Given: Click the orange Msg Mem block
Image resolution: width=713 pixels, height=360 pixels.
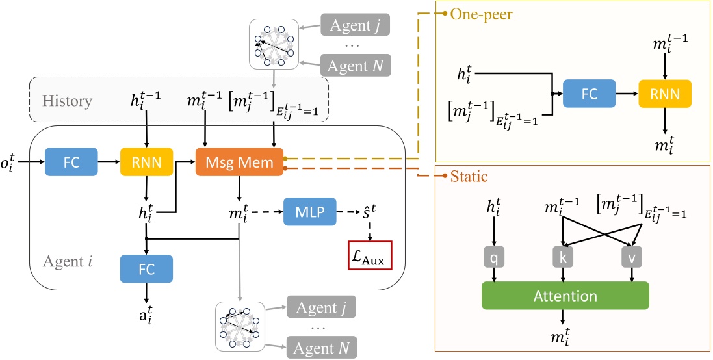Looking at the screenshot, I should [240, 160].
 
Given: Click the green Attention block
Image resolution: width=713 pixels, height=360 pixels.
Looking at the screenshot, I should [565, 296].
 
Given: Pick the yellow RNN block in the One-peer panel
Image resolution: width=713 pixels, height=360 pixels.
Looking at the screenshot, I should [664, 94].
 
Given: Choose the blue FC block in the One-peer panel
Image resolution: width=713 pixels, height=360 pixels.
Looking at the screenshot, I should [589, 94].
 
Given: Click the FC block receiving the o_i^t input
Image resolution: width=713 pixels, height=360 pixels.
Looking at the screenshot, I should [71, 160].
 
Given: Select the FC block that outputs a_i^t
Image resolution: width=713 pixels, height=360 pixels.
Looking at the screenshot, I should [146, 267].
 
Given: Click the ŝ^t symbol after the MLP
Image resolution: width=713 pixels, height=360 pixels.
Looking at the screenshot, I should [367, 212].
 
